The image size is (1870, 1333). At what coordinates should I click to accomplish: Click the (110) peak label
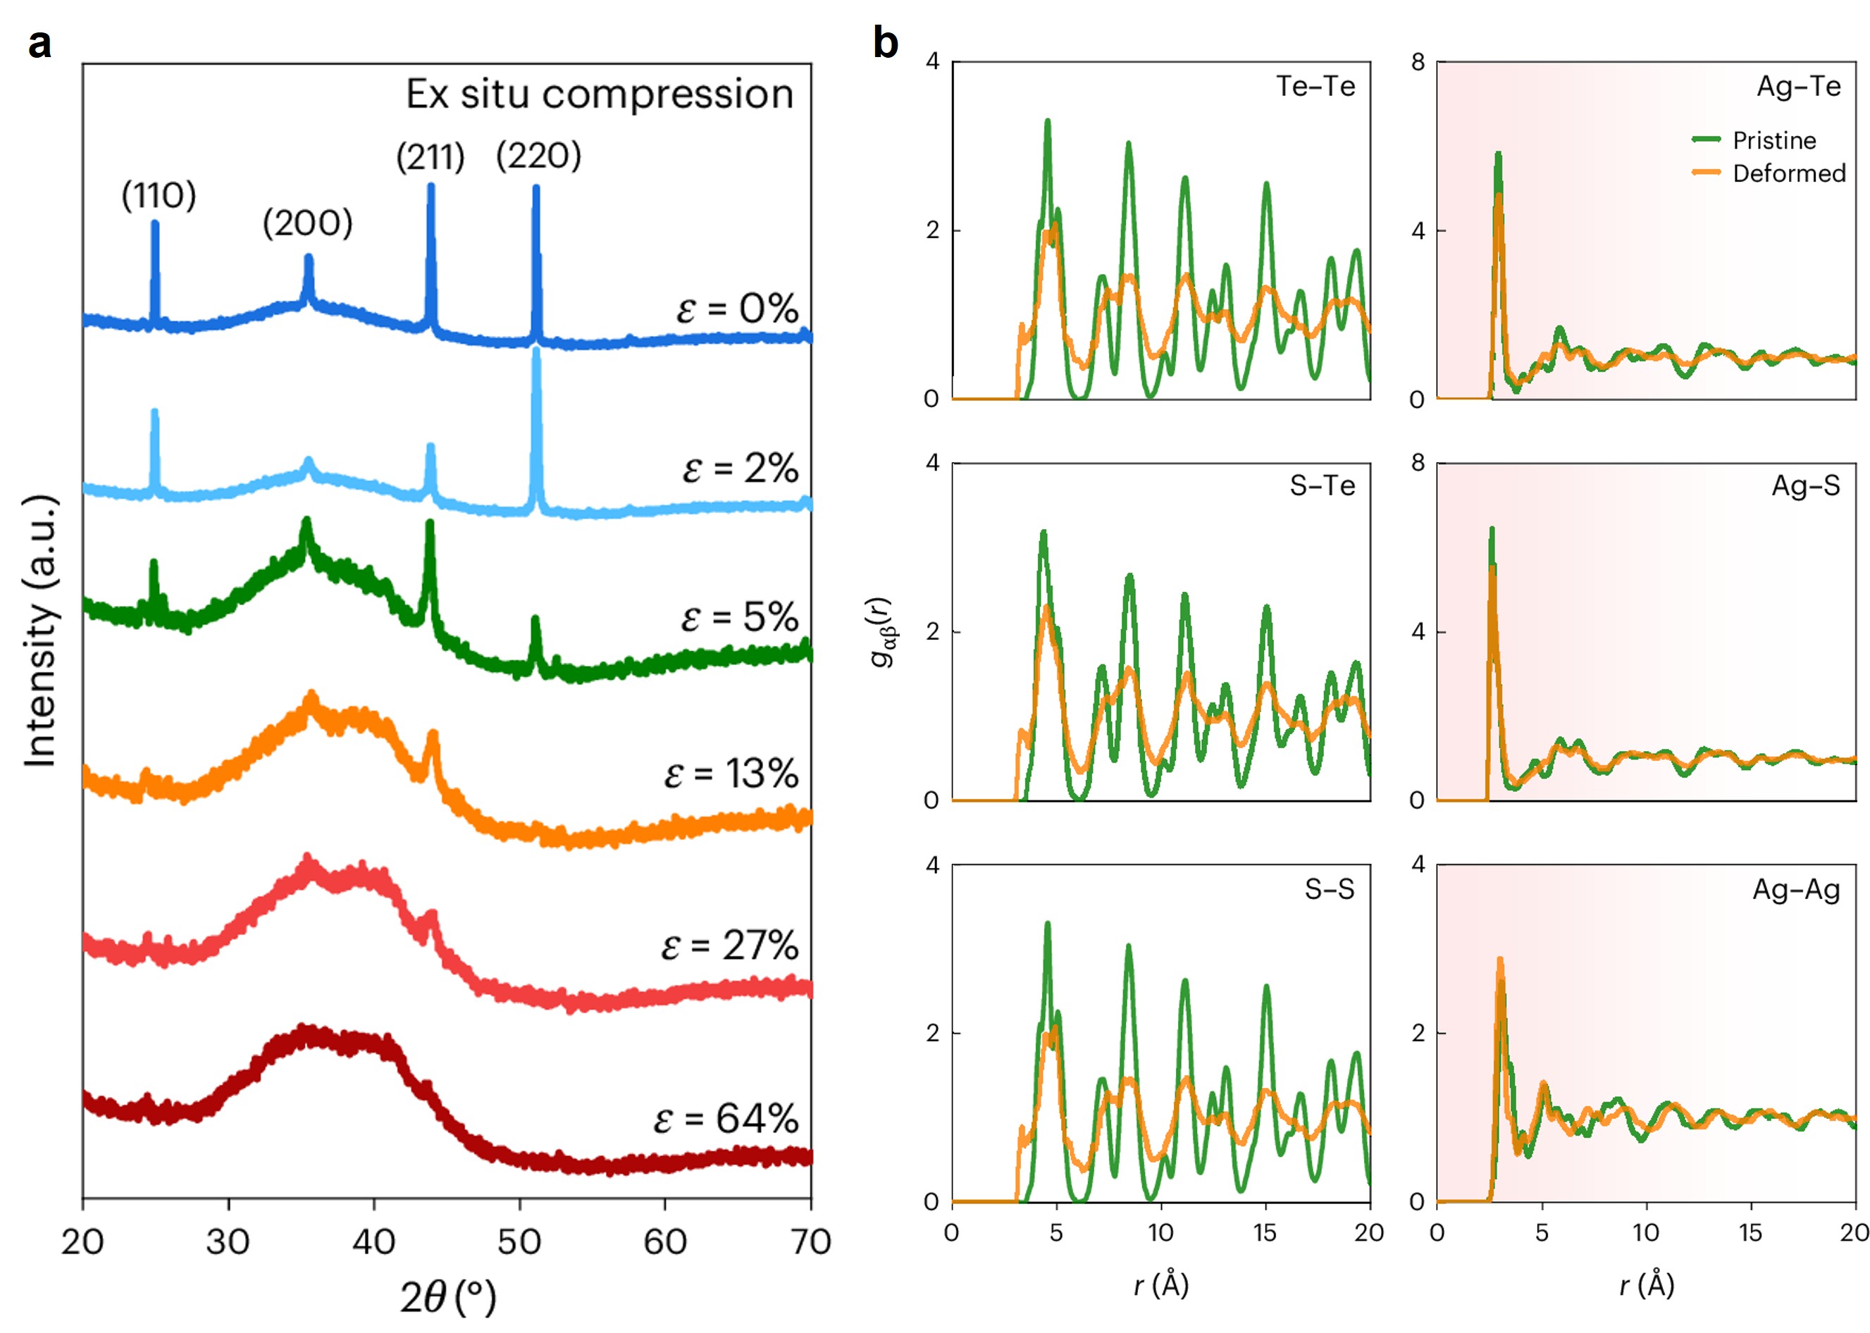159,195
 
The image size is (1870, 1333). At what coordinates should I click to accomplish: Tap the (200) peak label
307,223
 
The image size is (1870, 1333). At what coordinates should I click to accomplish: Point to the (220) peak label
538,155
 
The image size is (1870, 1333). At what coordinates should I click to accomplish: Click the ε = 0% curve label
736,309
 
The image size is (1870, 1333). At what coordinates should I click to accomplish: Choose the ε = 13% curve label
731,773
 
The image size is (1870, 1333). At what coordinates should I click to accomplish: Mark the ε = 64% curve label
726,1118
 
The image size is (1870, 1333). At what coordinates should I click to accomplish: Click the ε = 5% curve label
739,616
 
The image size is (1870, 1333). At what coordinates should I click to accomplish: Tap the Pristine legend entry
1773,140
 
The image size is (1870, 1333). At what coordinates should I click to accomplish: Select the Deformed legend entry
1788,173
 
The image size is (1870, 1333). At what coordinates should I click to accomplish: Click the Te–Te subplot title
1315,86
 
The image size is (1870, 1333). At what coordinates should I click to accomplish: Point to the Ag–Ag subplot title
1795,890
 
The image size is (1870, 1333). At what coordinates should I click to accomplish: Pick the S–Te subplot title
1322,486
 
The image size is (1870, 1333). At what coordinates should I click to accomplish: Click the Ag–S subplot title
1804,486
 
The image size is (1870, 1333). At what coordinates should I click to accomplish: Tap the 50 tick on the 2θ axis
519,1242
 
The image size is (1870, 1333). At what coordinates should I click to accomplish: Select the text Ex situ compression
599,94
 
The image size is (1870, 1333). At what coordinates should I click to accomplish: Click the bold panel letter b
885,43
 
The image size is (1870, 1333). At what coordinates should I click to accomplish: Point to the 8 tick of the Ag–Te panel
1418,63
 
